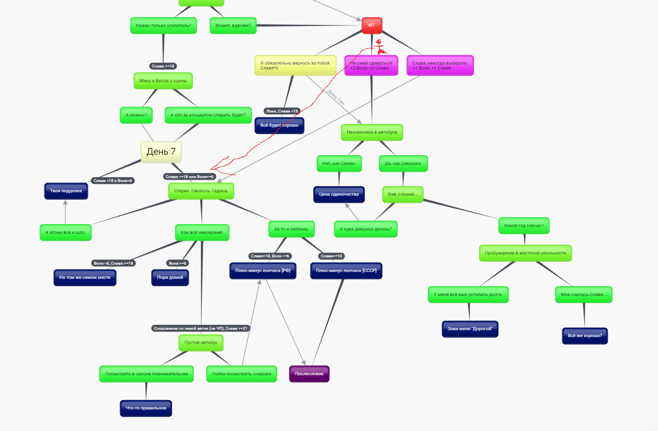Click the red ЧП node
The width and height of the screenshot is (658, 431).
point(371,25)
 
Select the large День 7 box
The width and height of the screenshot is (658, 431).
point(161,152)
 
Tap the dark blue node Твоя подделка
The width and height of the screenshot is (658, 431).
point(66,191)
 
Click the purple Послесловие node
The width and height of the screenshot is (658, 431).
point(309,374)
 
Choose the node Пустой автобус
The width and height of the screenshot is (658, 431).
point(201,343)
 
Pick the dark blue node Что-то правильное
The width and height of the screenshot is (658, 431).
point(146,408)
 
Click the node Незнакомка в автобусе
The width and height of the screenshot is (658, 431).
point(372,132)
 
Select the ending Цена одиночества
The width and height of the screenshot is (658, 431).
point(339,194)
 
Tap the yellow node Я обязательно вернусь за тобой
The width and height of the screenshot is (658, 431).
point(295,65)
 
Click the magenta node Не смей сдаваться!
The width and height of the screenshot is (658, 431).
point(371,65)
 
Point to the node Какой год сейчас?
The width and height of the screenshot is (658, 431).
point(524,226)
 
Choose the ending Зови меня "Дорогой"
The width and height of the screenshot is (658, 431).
point(469,329)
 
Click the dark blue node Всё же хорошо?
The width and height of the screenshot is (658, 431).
point(585,336)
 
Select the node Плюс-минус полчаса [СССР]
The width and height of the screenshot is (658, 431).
point(346,271)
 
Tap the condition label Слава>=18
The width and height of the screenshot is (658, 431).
point(332,256)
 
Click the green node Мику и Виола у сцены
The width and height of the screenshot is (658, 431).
point(163,81)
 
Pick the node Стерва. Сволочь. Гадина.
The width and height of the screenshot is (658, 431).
point(201,191)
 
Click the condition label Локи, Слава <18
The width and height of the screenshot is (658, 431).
point(282,111)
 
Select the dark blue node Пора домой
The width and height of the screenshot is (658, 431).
point(170,277)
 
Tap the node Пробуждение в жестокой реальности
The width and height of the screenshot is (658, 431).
point(525,253)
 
